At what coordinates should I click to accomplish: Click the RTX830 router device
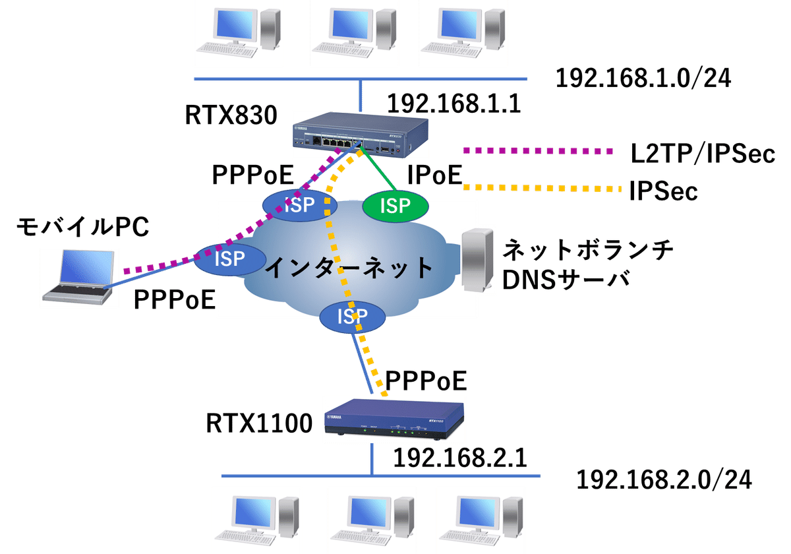click(x=356, y=137)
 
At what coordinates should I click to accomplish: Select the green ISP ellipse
click(x=395, y=206)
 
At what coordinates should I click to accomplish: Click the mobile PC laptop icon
click(x=79, y=277)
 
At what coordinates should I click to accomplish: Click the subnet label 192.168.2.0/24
click(x=664, y=480)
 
